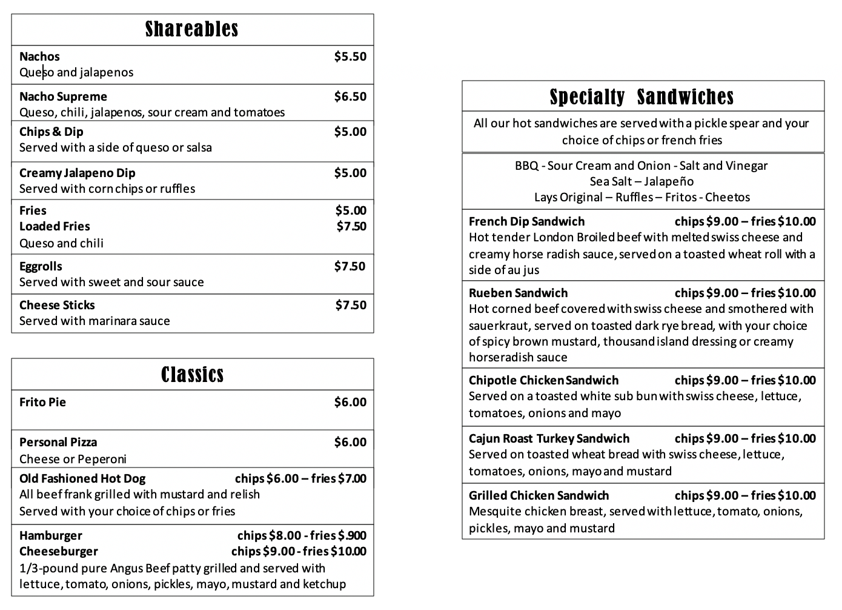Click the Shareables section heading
pyautogui.click(x=192, y=29)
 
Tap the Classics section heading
pyautogui.click(x=192, y=375)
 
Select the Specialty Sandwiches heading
pyautogui.click(x=642, y=97)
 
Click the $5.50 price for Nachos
pyautogui.click(x=350, y=56)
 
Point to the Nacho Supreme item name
pyautogui.click(x=63, y=96)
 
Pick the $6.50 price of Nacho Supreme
pyautogui.click(x=350, y=96)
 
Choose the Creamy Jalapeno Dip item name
pyautogui.click(x=77, y=173)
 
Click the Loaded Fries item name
pyautogui.click(x=55, y=226)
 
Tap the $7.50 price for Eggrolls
pyautogui.click(x=350, y=266)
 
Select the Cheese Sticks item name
pyautogui.click(x=57, y=305)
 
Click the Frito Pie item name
pyautogui.click(x=42, y=402)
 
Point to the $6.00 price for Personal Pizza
pyautogui.click(x=350, y=442)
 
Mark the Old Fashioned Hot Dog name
pyautogui.click(x=82, y=478)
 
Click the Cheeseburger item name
pyautogui.click(x=58, y=551)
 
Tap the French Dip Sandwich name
pyautogui.click(x=526, y=221)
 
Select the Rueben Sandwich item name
pyautogui.click(x=518, y=293)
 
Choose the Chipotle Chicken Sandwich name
pyautogui.click(x=543, y=380)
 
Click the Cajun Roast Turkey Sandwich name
pyautogui.click(x=549, y=438)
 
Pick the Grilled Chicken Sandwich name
pyautogui.click(x=539, y=495)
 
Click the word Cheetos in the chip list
pyautogui.click(x=728, y=197)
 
